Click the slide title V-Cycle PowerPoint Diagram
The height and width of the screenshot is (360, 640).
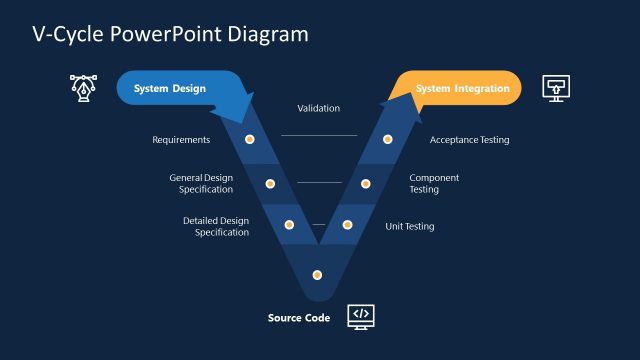tap(171, 34)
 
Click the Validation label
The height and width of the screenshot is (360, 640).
tap(319, 108)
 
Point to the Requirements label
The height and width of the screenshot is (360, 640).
tap(181, 140)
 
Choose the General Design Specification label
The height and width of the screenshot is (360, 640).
tap(201, 183)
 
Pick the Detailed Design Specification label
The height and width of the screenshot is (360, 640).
tap(216, 226)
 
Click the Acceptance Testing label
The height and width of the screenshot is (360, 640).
tap(469, 140)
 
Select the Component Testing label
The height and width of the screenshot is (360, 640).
tap(434, 183)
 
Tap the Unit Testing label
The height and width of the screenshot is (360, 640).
tap(410, 226)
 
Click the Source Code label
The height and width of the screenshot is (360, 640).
tap(299, 318)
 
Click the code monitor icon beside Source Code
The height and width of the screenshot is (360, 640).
tap(361, 317)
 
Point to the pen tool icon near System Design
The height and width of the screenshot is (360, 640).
tap(83, 87)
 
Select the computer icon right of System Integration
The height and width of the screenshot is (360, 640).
tap(556, 87)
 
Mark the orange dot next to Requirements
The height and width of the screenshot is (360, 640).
tap(250, 139)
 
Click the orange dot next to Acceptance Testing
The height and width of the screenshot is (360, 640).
tap(388, 139)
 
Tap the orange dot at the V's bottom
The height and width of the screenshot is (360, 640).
tap(318, 274)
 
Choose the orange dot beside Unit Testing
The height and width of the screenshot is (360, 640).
tap(347, 225)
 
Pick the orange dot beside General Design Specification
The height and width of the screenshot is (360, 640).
tap(270, 183)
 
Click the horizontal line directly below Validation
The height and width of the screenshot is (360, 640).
tap(319, 135)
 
